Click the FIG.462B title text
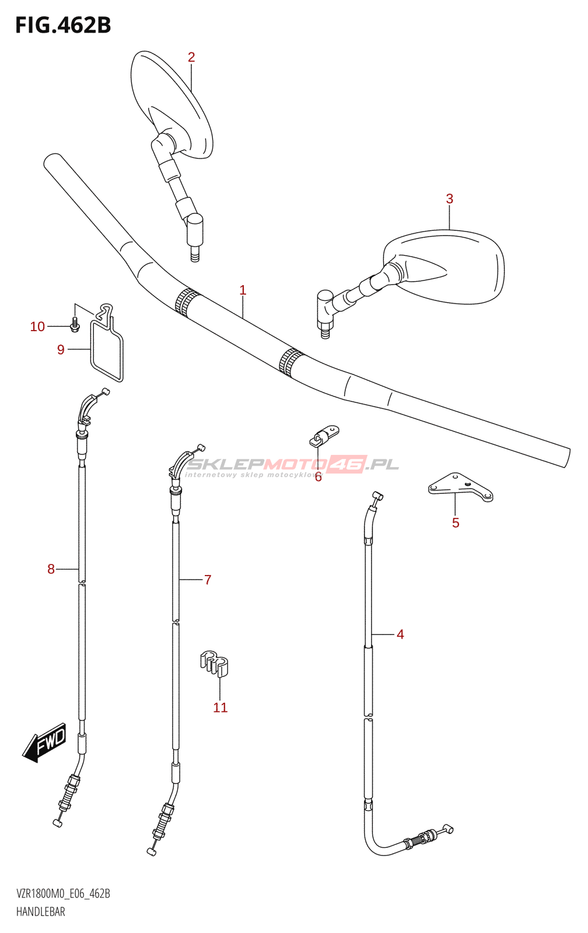pos(63,25)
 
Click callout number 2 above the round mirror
pos(191,57)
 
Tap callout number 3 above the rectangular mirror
pos(450,199)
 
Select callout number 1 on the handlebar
pos(243,290)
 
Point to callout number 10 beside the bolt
pos(37,327)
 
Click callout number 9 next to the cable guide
pos(61,350)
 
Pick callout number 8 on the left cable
pos(51,569)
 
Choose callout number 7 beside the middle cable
pos(208,580)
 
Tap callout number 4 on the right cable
pos(400,634)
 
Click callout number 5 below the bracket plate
pos(456,523)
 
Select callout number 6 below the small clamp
pos(318,478)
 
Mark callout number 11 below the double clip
pos(220,708)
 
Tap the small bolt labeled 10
pos(75,324)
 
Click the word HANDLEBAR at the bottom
pos(41,911)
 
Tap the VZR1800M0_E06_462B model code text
pos(63,893)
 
